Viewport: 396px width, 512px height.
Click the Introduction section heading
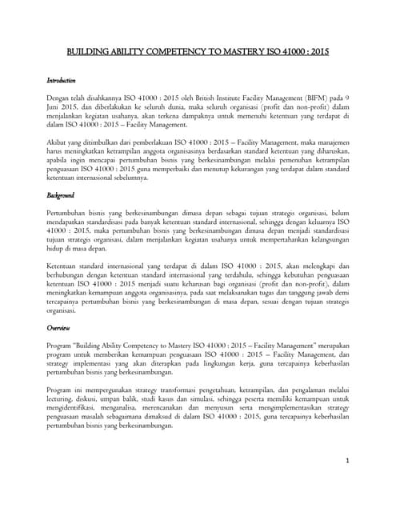[x=61, y=81]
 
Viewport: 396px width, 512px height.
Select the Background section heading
[x=60, y=194]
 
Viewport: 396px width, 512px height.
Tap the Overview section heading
[x=58, y=328]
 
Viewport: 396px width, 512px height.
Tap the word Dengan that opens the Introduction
[x=59, y=98]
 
